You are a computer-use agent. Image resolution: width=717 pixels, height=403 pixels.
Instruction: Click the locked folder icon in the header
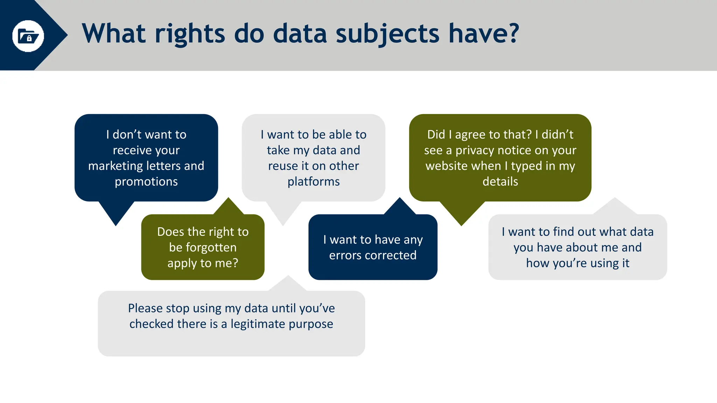tap(28, 36)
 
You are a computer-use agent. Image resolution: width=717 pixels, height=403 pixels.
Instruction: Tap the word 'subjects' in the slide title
tap(387, 34)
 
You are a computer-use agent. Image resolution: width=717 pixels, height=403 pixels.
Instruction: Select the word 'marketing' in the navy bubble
tap(116, 166)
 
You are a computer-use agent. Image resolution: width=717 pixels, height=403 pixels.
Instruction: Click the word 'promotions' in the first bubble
tap(146, 182)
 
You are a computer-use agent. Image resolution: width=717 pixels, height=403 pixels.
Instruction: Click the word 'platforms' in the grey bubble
tap(313, 182)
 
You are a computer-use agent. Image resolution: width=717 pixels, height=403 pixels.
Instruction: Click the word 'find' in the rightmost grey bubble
tap(563, 232)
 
